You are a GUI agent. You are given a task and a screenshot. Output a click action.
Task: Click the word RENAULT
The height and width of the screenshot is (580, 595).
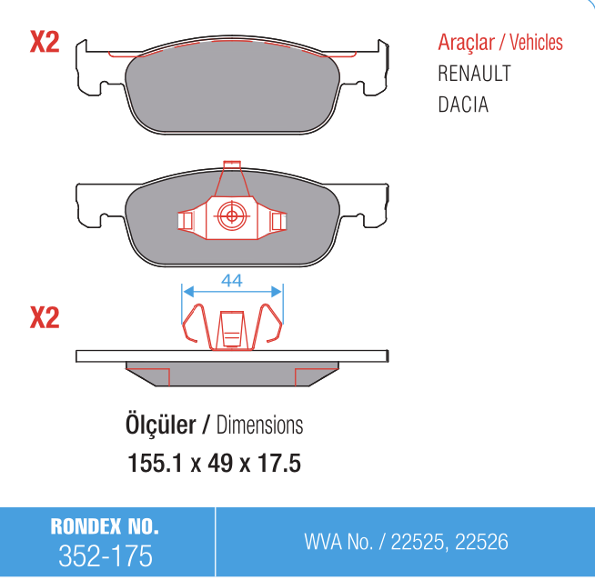[474, 73]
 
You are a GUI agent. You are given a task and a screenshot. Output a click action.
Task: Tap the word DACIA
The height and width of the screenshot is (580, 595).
[463, 105]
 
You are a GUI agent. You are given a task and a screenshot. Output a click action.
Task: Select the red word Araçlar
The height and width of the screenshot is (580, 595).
[467, 42]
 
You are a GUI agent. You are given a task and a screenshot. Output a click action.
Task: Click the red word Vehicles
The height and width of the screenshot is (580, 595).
[536, 42]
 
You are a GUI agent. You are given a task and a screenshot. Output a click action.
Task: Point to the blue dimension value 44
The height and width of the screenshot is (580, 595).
[232, 281]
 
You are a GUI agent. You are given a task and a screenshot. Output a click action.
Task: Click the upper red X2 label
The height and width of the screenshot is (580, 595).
[45, 42]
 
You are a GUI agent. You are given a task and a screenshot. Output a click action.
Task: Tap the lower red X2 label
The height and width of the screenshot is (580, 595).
[45, 317]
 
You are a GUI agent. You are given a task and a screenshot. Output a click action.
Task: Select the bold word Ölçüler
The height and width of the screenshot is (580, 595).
[160, 425]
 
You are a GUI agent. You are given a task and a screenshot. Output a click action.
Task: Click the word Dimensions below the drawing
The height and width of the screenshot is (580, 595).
[259, 425]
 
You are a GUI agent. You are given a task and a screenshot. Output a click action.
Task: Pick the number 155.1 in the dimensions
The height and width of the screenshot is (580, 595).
[156, 463]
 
